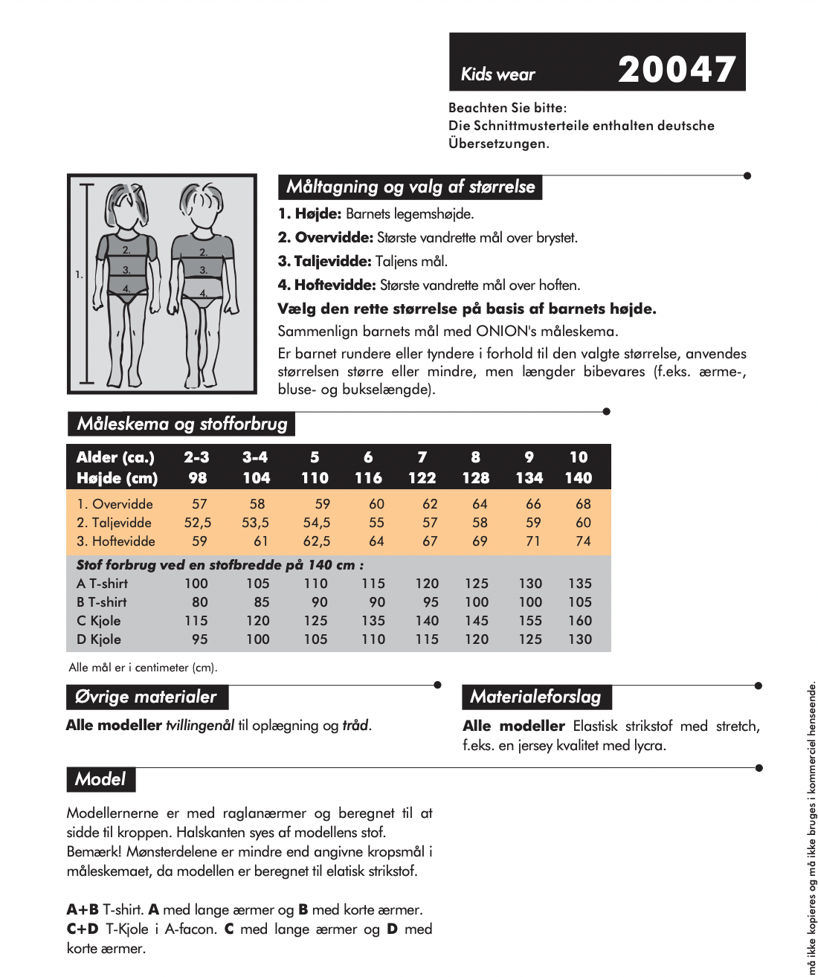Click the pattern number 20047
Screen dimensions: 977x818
[x=676, y=69]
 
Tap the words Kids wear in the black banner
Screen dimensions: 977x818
[x=497, y=74]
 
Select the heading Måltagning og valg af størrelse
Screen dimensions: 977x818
[x=410, y=187]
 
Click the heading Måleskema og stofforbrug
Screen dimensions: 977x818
[x=181, y=424]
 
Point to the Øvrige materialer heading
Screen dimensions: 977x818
[x=146, y=697]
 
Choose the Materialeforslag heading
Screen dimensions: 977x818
[x=535, y=697]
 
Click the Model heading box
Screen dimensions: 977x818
[x=100, y=779]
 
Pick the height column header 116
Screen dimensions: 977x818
[x=368, y=478]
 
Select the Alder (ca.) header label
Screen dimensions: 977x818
[x=115, y=457]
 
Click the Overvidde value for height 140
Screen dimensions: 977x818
[x=583, y=504]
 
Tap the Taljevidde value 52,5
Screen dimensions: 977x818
[x=198, y=523]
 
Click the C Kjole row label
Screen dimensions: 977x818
[x=99, y=621]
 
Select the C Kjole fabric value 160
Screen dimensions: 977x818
[x=580, y=621]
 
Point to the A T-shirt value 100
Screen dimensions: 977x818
[x=196, y=584]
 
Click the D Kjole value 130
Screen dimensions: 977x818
[x=580, y=639]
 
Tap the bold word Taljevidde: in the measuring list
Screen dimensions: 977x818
[x=325, y=261]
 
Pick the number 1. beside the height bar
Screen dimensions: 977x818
[x=78, y=275]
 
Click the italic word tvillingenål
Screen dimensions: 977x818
[x=200, y=725]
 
